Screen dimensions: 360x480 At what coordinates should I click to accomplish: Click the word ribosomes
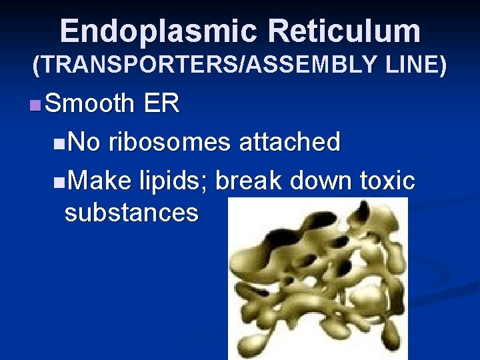[169, 141]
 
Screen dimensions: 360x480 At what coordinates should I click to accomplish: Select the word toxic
[387, 179]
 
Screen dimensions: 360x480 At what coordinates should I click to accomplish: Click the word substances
[131, 213]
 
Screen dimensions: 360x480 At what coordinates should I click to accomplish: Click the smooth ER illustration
[317, 280]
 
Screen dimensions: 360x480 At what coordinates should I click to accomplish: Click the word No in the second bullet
[84, 141]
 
